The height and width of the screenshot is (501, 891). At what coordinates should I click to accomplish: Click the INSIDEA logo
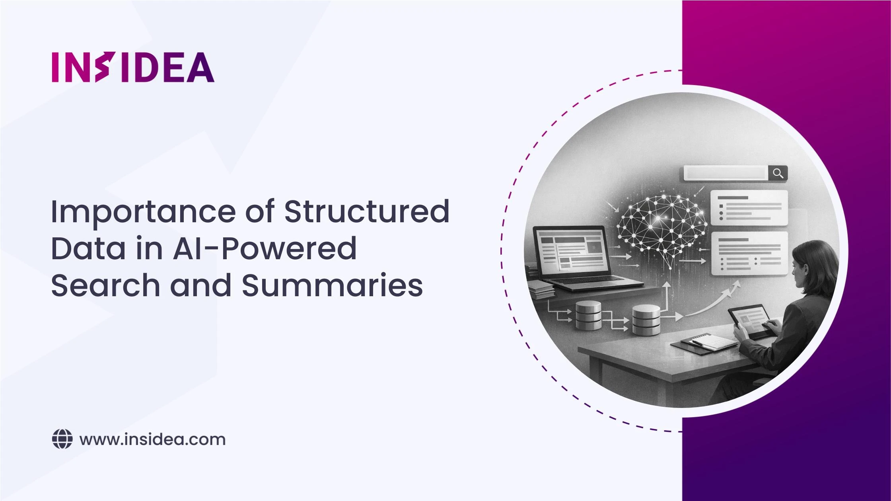pyautogui.click(x=133, y=67)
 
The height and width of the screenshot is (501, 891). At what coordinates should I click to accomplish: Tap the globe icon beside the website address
pyautogui.click(x=62, y=439)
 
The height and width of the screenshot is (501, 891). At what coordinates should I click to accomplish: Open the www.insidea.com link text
pyautogui.click(x=152, y=440)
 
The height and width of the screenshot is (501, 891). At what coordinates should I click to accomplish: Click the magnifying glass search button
pyautogui.click(x=778, y=173)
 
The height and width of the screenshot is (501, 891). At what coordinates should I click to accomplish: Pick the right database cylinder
pyautogui.click(x=646, y=319)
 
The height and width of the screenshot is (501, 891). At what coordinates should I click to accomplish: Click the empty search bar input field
pyautogui.click(x=726, y=173)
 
